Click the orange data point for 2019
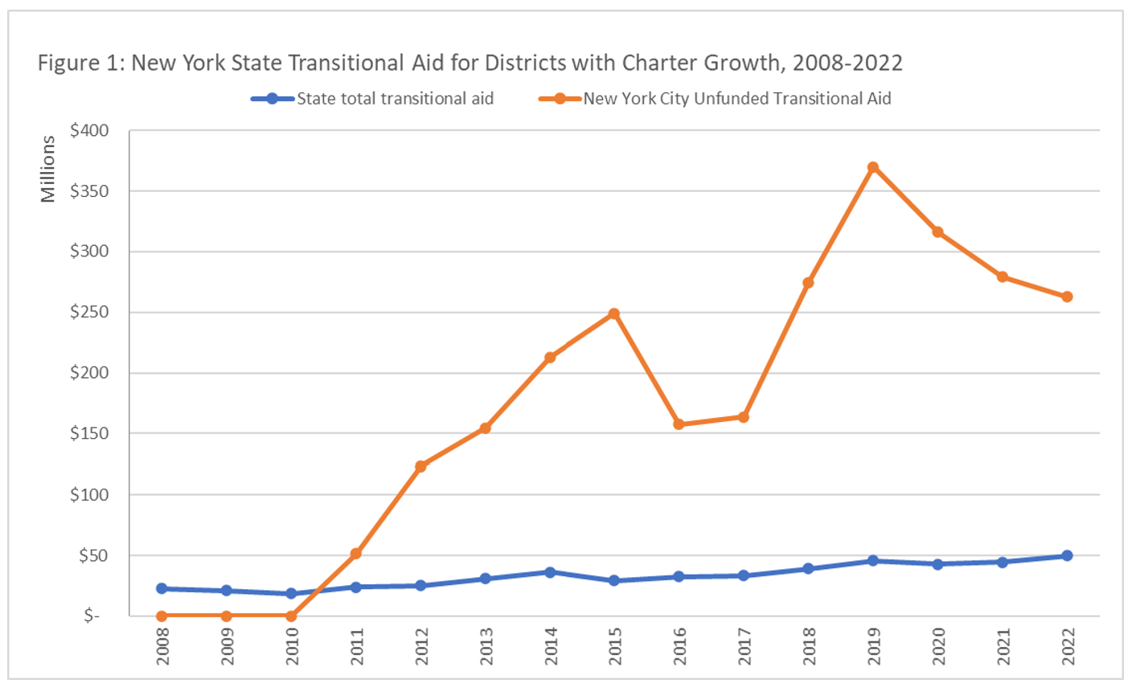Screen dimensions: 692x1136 tap(873, 167)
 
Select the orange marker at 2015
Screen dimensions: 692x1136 tap(614, 313)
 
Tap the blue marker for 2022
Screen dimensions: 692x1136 tap(1067, 555)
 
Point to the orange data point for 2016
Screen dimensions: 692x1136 tap(679, 424)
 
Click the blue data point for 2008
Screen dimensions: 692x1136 tap(162, 588)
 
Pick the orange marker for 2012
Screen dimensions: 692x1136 tap(420, 466)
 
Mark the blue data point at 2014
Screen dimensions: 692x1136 tap(550, 572)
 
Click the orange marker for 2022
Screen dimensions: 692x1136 tap(1067, 297)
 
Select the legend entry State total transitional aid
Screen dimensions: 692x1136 tap(394, 99)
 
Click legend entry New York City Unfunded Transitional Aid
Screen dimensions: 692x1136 tap(736, 99)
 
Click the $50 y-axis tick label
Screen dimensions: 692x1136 tap(93, 555)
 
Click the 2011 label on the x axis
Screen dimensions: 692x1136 tap(356, 645)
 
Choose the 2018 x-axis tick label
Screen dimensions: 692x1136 tap(809, 645)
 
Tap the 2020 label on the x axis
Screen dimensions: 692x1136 tap(938, 645)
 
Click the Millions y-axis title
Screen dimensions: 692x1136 tap(48, 169)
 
